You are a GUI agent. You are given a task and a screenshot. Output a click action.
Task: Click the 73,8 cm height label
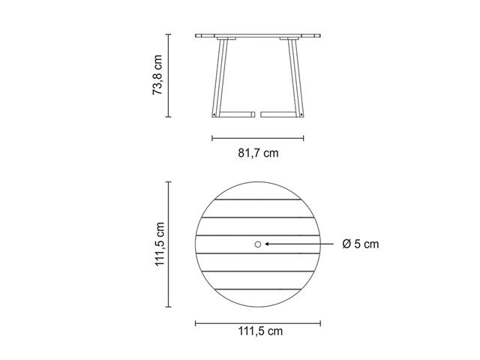click(157, 75)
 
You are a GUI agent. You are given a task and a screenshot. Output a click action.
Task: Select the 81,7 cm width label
click(258, 153)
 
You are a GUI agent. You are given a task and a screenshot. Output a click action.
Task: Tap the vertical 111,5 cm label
click(160, 244)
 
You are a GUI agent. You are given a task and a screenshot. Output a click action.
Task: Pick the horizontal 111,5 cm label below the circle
click(260, 331)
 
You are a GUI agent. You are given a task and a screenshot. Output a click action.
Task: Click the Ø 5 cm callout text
click(361, 244)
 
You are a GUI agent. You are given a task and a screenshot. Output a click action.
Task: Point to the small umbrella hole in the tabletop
click(258, 244)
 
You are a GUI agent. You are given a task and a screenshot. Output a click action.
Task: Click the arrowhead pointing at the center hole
click(267, 244)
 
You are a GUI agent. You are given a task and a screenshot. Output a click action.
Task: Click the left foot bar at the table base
click(237, 115)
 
